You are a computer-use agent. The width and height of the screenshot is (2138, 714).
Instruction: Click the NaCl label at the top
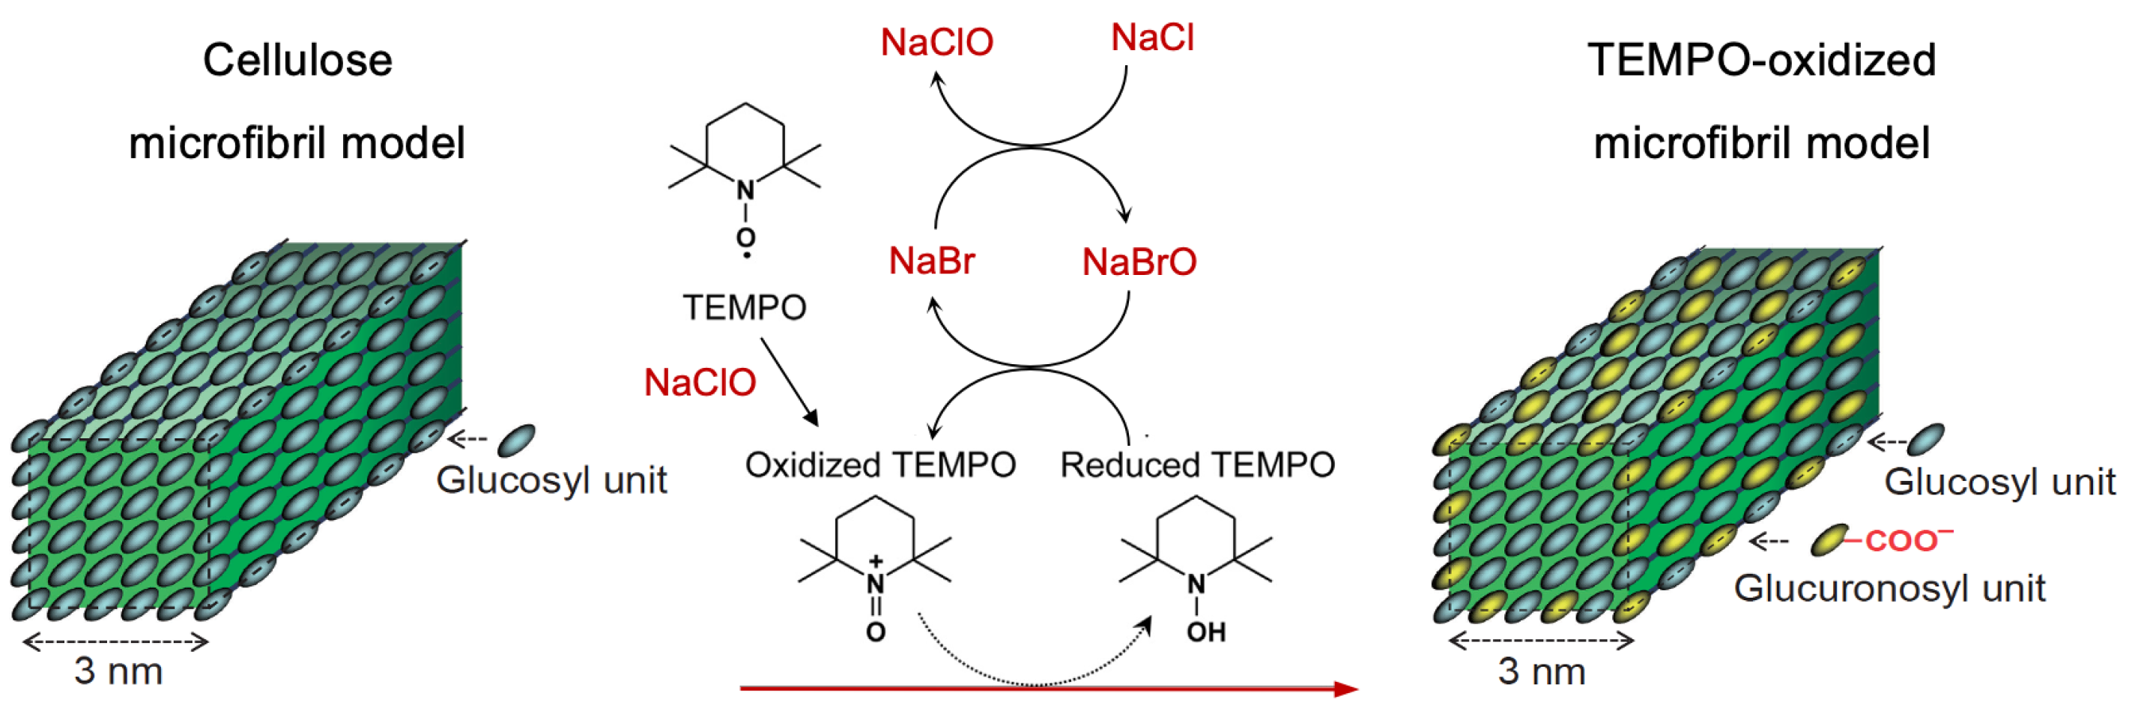click(1152, 38)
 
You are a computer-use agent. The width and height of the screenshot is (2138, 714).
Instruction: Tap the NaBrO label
click(1139, 262)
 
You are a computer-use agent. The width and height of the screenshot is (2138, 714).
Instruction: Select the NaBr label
click(931, 261)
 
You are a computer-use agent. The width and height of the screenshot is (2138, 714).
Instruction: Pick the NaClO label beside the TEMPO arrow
click(700, 384)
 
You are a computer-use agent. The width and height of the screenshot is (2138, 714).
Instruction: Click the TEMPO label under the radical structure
click(745, 308)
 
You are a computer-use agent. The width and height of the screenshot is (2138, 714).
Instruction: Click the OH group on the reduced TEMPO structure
click(1206, 632)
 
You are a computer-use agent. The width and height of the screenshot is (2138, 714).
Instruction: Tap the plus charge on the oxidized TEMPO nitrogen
click(875, 562)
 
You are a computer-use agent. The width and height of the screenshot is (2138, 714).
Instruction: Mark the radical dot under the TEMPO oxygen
click(747, 255)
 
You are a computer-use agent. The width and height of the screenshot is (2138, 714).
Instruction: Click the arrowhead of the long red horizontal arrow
click(1345, 689)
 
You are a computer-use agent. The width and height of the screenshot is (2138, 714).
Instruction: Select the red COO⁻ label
click(1907, 540)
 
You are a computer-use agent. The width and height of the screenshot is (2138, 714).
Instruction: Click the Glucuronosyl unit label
click(1889, 589)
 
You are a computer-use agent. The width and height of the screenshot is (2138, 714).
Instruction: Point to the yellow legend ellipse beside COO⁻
click(1829, 539)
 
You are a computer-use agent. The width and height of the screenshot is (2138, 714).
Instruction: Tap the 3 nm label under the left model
click(118, 671)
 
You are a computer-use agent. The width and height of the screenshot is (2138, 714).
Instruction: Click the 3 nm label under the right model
click(1541, 671)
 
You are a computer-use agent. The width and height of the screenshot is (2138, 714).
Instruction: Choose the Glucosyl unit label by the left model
click(551, 481)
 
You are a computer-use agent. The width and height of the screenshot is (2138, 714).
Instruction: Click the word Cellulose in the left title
click(297, 61)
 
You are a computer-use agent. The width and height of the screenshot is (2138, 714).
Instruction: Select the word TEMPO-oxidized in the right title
click(1761, 61)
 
